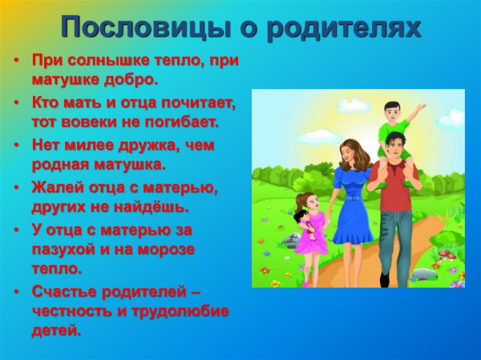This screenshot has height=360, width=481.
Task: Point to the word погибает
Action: [x=180, y=123]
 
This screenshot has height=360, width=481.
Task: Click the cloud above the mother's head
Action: [x=321, y=136]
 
